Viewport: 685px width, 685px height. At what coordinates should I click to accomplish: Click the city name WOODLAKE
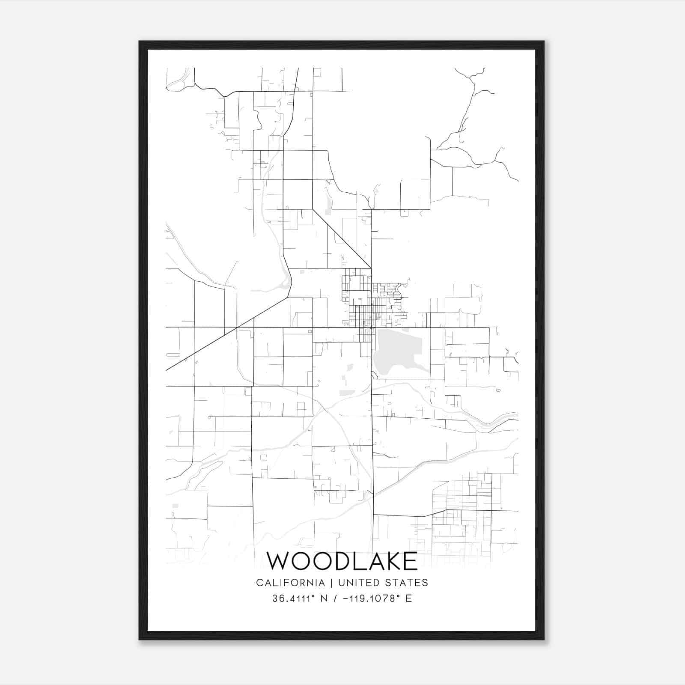coord(342,561)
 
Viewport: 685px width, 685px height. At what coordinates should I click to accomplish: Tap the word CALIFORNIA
coord(290,582)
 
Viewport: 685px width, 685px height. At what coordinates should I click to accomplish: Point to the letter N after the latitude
coord(324,599)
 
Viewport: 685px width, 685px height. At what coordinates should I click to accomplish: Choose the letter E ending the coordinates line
coord(408,599)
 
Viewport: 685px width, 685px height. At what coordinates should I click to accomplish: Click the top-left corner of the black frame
coord(140,42)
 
